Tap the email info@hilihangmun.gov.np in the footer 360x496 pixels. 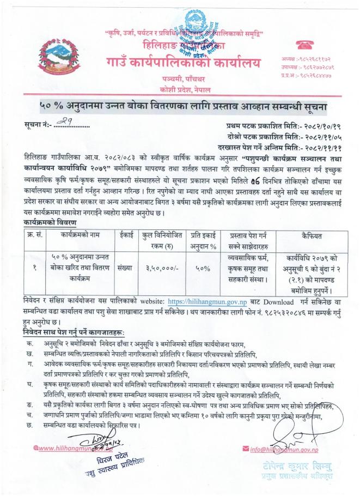pyautogui.click(x=283, y=450)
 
